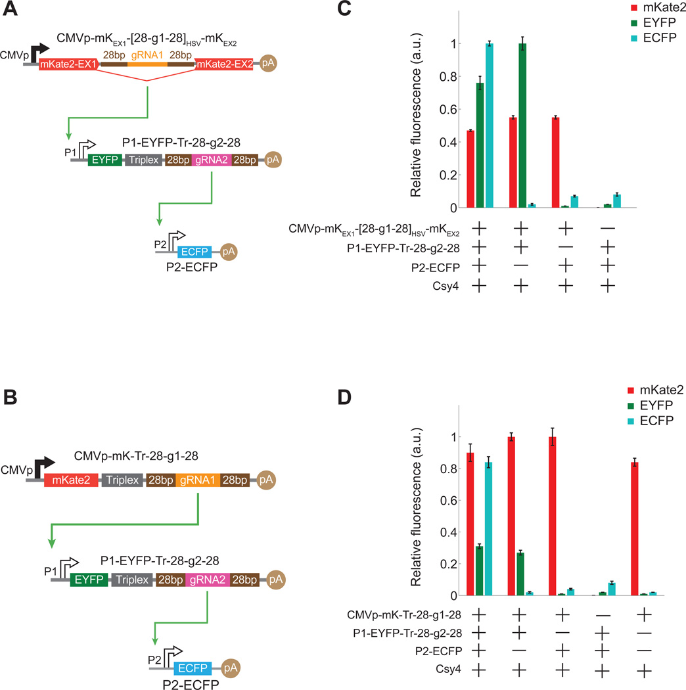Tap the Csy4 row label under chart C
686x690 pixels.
pos(438,285)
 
